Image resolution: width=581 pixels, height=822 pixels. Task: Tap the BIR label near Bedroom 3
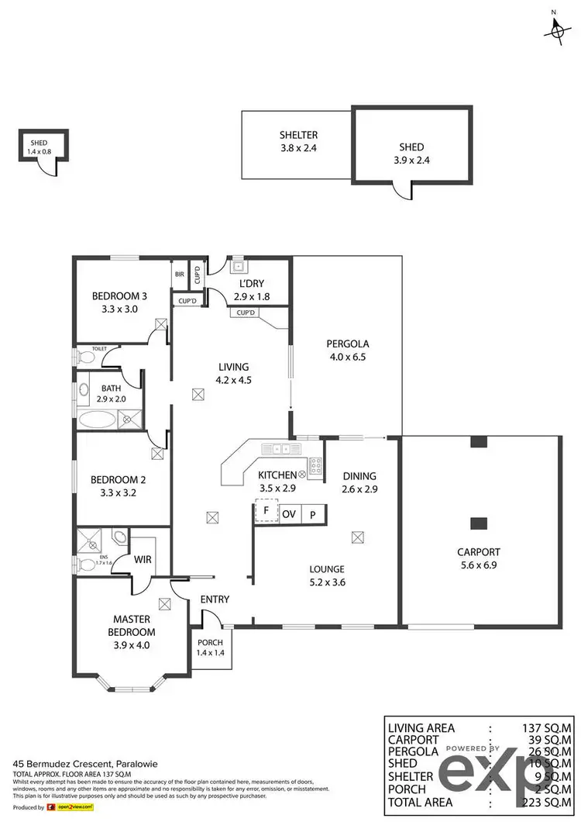[180, 274]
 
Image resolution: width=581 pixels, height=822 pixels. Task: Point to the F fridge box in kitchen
[266, 513]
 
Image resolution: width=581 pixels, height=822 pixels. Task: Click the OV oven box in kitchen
[290, 513]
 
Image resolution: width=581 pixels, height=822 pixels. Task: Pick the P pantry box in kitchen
[314, 513]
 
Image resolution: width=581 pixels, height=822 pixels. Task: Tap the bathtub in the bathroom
[96, 421]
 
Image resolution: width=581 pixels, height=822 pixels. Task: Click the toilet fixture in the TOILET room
[83, 357]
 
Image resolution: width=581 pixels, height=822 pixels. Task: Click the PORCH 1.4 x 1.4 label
[210, 646]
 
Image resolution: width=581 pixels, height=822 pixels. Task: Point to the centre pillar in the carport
[480, 522]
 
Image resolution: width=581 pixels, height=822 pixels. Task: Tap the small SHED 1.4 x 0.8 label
[39, 147]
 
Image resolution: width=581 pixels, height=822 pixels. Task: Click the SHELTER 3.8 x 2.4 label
[298, 140]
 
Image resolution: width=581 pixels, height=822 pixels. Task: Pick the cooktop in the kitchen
[316, 465]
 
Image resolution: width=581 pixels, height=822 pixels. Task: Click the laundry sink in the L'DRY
[239, 267]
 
